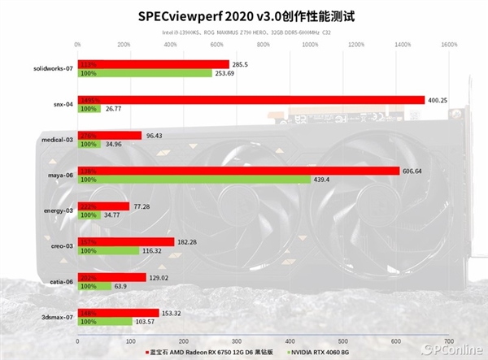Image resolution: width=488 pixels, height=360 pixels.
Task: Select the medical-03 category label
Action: (x=57, y=140)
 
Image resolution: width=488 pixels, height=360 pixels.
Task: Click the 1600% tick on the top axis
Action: (x=448, y=45)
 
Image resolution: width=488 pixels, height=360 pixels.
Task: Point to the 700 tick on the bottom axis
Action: (x=448, y=340)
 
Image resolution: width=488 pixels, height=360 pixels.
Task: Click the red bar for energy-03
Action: (x=102, y=206)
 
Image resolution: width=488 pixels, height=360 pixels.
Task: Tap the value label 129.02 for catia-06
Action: (x=161, y=277)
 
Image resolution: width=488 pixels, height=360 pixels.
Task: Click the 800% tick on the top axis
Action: (x=263, y=45)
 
